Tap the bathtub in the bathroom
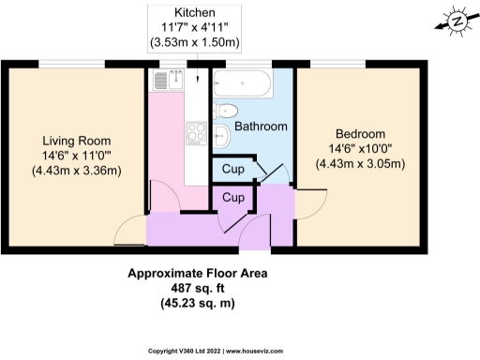pyautogui.click(x=242, y=84)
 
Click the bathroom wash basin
pyautogui.click(x=223, y=140)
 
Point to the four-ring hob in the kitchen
pyautogui.click(x=195, y=135)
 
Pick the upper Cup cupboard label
pyautogui.click(x=233, y=170)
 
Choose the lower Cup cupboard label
pyautogui.click(x=233, y=199)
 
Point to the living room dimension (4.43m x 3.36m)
pyautogui.click(x=76, y=170)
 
